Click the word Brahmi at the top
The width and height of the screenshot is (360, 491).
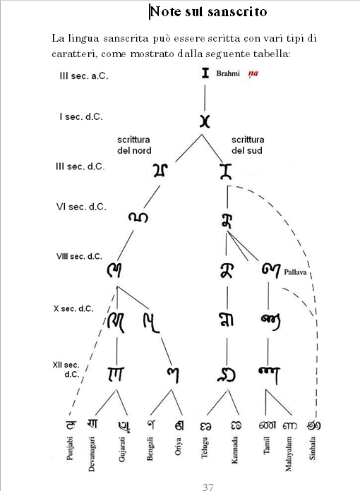click(228, 73)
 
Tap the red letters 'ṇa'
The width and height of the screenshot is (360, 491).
click(253, 74)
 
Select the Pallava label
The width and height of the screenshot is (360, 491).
click(295, 272)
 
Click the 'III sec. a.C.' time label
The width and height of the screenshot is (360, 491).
click(84, 76)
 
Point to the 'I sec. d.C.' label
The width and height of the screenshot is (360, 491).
click(81, 117)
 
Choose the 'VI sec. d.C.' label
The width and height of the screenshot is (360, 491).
click(81, 207)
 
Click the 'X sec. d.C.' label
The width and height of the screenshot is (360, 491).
click(73, 308)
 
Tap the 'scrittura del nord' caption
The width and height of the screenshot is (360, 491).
click(134, 145)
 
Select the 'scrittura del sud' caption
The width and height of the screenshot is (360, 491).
click(248, 145)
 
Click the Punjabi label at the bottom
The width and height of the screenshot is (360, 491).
click(70, 449)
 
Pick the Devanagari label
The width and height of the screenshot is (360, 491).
click(92, 454)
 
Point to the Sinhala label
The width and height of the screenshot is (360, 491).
click(313, 448)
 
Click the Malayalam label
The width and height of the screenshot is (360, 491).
click(288, 454)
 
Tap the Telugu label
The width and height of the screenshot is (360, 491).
click(204, 448)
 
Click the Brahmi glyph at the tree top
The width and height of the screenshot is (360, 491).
click(205, 73)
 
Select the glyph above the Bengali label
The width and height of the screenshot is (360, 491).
click(151, 424)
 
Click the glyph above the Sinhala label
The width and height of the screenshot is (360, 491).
click(313, 425)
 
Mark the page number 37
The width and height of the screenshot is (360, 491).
click(208, 487)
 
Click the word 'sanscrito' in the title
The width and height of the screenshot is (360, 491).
click(237, 12)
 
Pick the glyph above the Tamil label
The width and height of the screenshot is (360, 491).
click(268, 425)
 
